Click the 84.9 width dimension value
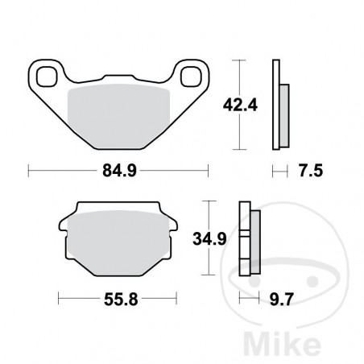click(118, 170)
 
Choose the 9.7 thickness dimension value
click(281, 299)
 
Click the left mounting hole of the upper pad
click(48, 77)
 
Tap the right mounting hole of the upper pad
click(191, 77)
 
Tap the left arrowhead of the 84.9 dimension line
click(31, 170)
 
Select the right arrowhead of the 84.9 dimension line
click(207, 170)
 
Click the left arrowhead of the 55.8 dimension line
click(61, 299)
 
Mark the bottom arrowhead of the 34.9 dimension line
click(210, 275)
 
